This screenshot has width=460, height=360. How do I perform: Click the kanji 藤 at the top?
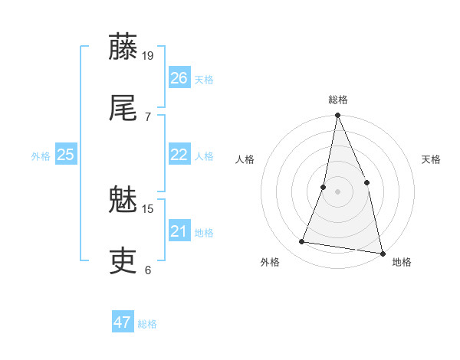point(123,47)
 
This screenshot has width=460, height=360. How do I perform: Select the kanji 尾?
point(123,107)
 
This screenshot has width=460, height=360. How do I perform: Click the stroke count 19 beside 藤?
point(149,55)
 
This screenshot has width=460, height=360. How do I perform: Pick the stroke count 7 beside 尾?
point(147,116)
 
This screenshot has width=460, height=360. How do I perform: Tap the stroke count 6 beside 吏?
point(147,270)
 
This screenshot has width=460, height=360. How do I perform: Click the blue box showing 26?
point(179,77)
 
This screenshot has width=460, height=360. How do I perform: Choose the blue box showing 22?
point(179,155)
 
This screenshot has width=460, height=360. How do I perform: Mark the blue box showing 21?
point(179,231)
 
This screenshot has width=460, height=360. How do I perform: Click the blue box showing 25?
point(66,155)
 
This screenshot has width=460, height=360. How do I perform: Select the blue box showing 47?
point(123,322)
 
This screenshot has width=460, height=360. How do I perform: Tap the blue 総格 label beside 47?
point(147,324)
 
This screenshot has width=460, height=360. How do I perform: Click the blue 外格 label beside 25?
point(41,156)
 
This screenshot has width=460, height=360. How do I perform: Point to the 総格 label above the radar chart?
point(338,100)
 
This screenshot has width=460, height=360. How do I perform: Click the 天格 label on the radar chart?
point(432,159)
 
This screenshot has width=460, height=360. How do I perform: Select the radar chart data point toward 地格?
point(382,253)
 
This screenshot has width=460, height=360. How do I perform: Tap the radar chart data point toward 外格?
point(302,242)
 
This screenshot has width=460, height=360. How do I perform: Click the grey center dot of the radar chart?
point(337,191)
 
